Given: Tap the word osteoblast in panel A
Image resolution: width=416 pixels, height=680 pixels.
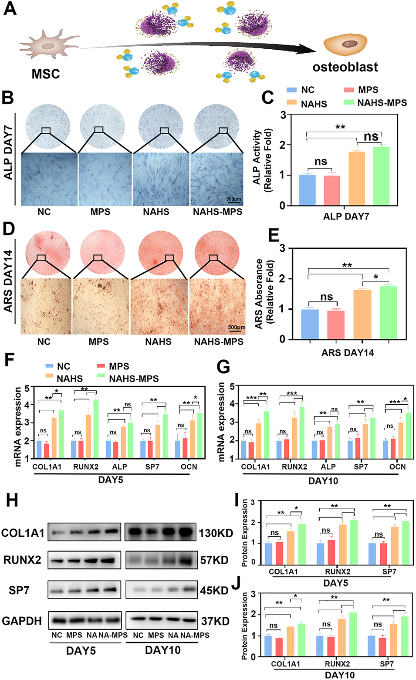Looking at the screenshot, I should click(x=345, y=67).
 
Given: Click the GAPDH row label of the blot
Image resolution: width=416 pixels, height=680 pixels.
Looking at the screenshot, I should click(x=22, y=621).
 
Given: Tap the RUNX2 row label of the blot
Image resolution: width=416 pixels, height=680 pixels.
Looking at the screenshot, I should click(x=22, y=560).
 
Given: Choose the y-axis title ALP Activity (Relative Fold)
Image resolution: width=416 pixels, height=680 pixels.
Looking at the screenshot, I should click(x=262, y=160).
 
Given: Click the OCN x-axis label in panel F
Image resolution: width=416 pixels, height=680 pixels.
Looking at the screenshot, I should click(x=189, y=467).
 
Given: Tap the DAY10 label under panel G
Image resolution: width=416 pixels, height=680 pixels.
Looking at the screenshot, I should click(x=323, y=481).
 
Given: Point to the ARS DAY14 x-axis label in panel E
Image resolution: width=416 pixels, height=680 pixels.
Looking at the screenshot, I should click(x=348, y=353).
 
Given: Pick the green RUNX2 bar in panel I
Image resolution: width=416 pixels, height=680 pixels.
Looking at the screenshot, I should click(x=353, y=542).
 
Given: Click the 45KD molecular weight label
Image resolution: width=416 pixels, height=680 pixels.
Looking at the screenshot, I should click(x=214, y=591).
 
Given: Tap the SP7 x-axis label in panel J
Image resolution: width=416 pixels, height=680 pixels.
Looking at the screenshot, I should click(x=386, y=664).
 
